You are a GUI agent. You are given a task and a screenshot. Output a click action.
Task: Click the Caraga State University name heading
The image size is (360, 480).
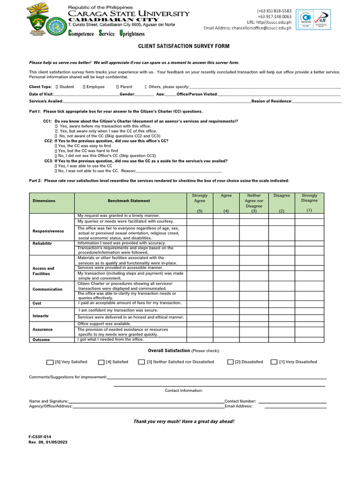pos(129,14)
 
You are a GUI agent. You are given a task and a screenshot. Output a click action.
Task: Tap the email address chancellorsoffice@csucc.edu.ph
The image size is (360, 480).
pos(247,28)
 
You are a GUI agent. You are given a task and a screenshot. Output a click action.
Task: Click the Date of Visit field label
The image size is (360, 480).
pos(41,94)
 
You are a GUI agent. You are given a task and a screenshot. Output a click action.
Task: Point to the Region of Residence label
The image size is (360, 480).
pos(271,101)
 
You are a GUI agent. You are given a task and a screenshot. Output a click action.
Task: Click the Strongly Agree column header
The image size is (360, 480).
pos(200,198)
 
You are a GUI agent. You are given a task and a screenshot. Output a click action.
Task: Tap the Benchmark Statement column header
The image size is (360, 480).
pos(129,201)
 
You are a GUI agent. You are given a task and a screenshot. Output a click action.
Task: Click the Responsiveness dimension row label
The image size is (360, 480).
pos(48,231)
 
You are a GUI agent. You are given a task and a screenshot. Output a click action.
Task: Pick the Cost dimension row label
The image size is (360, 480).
pos(37,303)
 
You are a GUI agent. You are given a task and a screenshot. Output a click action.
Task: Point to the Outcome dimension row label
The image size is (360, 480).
pos(41,340)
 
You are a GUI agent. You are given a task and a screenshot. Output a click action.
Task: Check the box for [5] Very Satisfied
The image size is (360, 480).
pos(50,362)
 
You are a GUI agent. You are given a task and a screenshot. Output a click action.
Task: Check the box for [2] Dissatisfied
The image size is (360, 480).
pos(231,362)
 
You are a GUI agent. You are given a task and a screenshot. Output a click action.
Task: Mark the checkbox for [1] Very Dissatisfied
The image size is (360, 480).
pos(274,362)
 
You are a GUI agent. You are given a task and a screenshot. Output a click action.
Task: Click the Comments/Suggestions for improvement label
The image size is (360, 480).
pos(68,377)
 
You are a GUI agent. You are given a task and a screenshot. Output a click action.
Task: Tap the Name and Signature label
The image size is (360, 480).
pos(49,401)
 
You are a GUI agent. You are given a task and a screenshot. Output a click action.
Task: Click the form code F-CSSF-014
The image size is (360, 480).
pos(40,436)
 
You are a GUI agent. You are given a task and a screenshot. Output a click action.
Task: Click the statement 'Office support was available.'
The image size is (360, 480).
pos(105,324)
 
